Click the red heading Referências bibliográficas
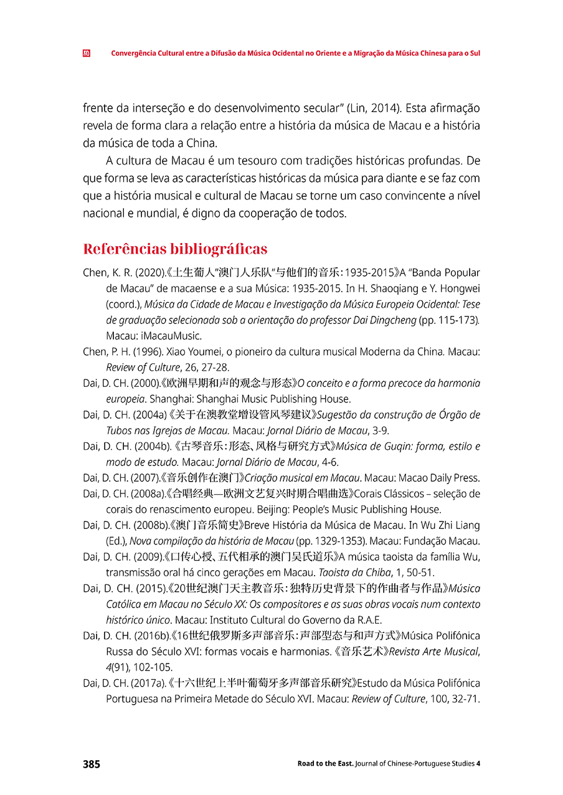pyautogui.click(x=175, y=249)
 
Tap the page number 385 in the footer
pyautogui.click(x=92, y=764)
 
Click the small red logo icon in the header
pyautogui.click(x=87, y=54)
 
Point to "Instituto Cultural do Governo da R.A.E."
pyautogui.click(x=296, y=620)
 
